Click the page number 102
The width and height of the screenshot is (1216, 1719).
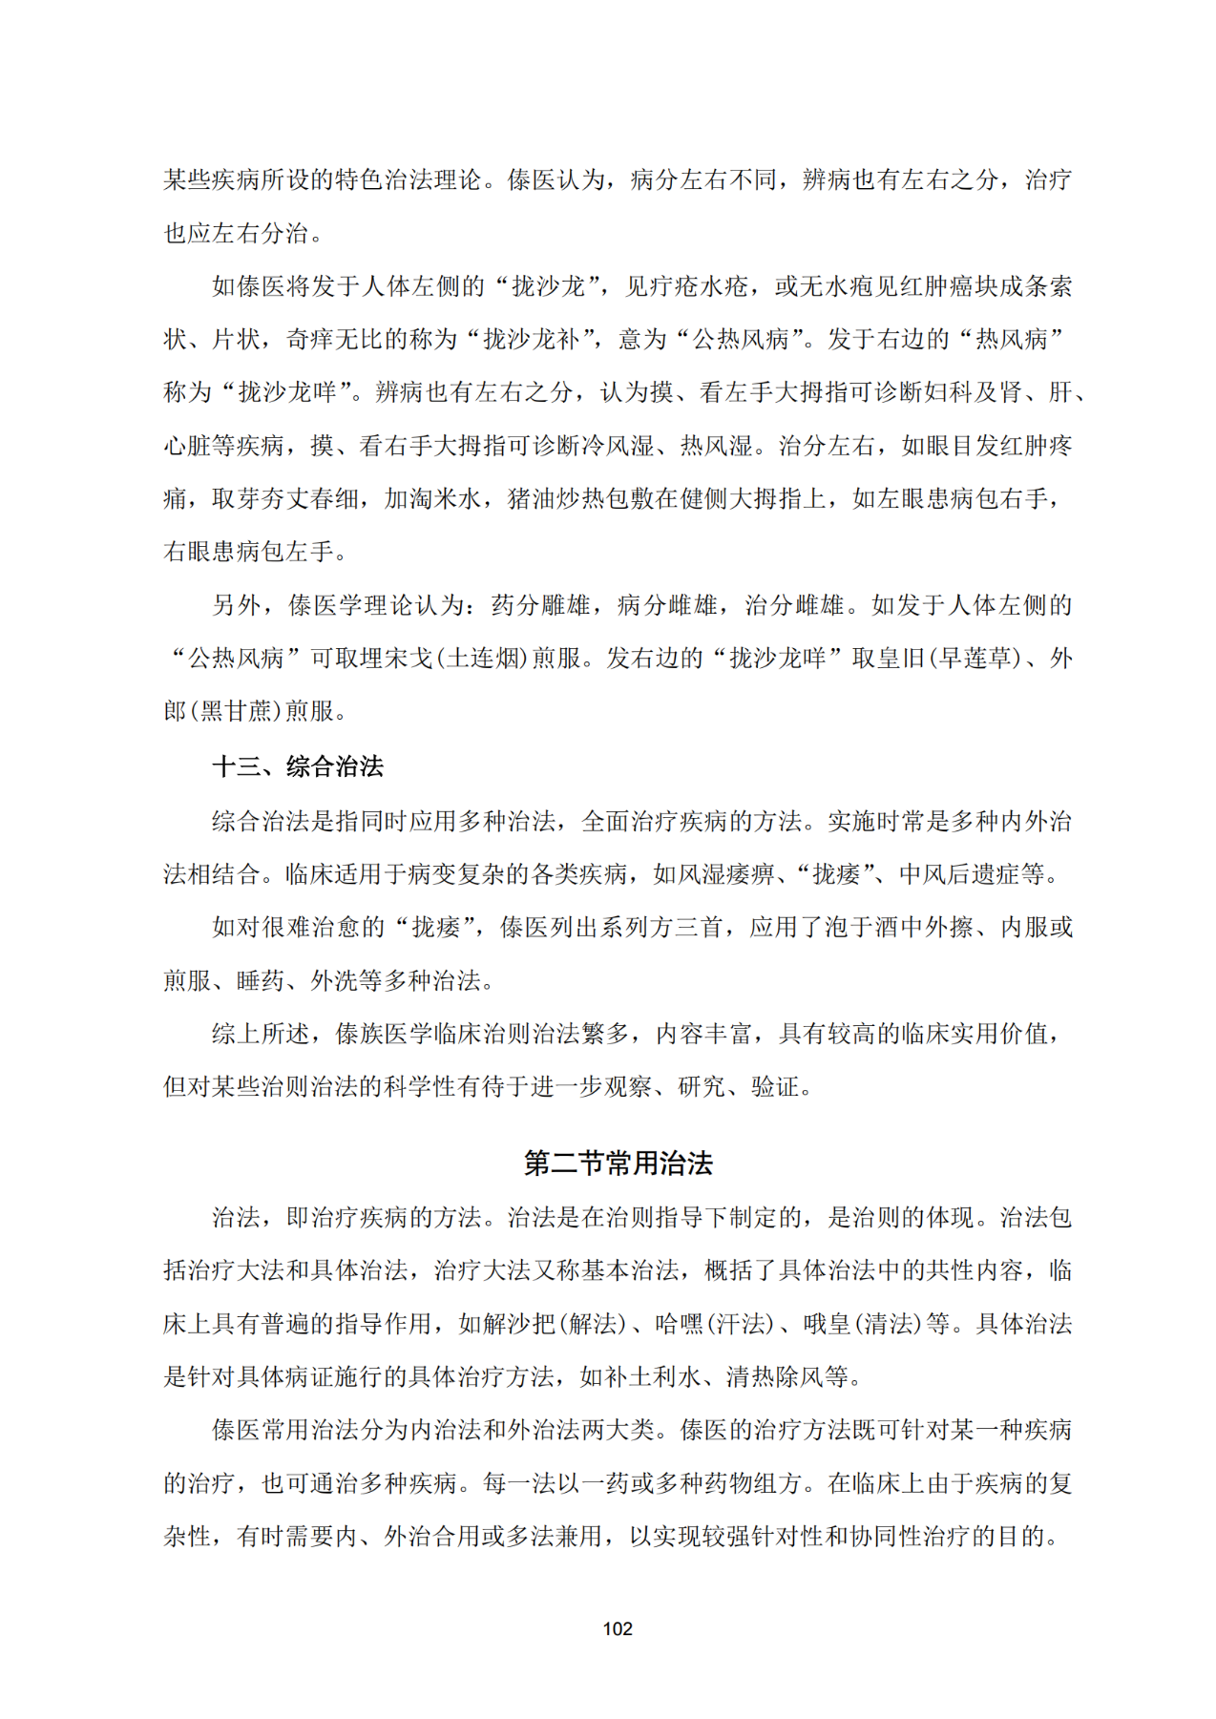pos(618,1627)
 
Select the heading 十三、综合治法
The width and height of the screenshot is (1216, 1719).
pos(297,765)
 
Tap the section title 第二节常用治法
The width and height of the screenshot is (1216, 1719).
pos(618,1163)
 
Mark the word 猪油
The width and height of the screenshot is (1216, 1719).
pos(531,498)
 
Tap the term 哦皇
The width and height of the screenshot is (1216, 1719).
pos(827,1324)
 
